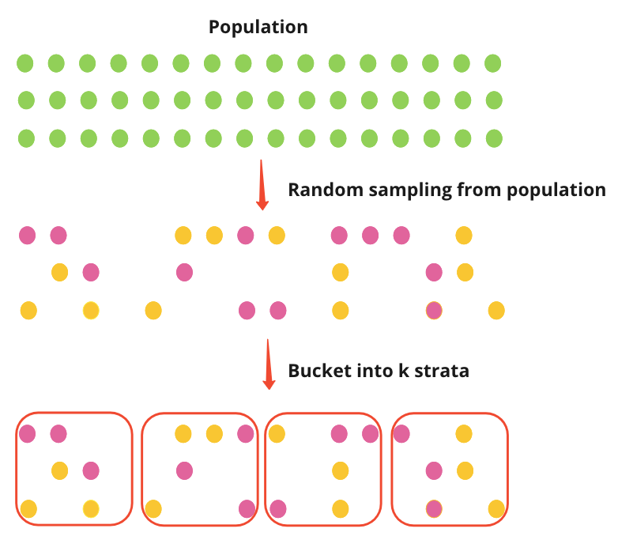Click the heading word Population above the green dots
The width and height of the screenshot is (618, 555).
tap(258, 27)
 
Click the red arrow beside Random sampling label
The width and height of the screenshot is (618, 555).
tap(262, 187)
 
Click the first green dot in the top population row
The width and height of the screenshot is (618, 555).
tap(25, 62)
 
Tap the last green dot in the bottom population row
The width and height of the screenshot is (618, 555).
tap(494, 138)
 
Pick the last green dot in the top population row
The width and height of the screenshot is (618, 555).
tap(493, 62)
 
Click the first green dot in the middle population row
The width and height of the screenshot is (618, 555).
tap(26, 100)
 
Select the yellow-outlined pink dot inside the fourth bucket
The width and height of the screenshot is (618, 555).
tap(433, 508)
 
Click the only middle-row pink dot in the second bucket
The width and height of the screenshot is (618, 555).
tap(184, 471)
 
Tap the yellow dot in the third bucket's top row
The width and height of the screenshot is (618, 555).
tap(277, 433)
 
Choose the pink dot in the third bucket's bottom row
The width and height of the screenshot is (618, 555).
tap(278, 508)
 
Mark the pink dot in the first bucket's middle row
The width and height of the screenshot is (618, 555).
tap(91, 471)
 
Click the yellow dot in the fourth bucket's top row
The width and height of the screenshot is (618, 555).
tap(464, 433)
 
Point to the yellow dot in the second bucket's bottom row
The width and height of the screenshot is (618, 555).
tap(153, 508)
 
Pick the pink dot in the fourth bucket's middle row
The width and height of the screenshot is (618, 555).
tap(433, 471)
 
